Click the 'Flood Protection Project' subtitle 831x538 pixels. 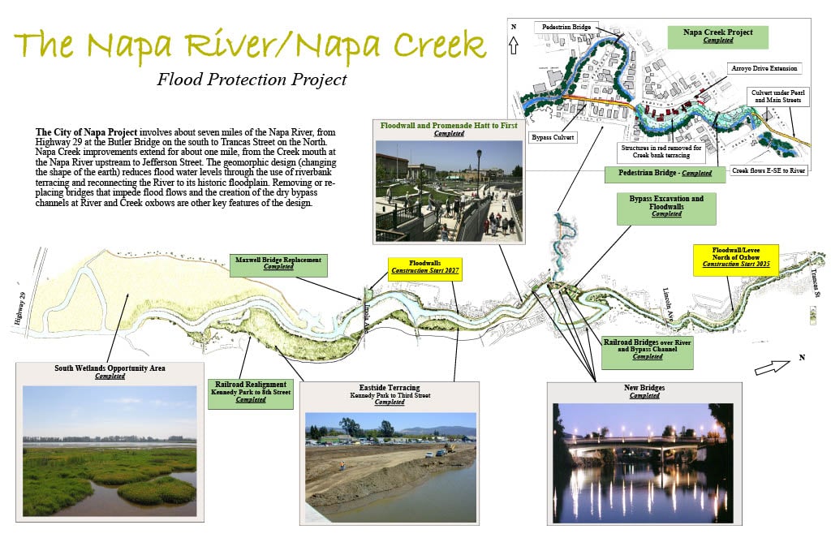[x=252, y=80]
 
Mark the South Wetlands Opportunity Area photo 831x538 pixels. [x=110, y=451]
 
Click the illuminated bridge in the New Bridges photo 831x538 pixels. [x=632, y=444]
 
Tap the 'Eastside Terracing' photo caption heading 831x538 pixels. [x=390, y=388]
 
